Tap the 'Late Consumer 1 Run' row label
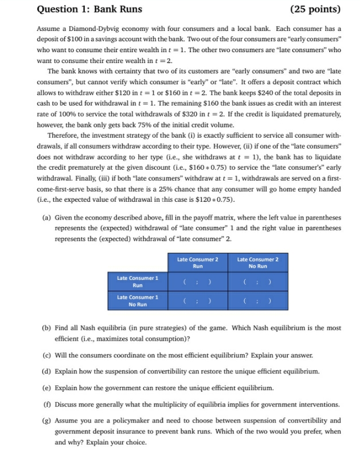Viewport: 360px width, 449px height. coord(137,281)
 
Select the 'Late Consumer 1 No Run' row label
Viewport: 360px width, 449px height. coord(137,300)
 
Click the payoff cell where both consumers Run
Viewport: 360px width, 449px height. coord(197,281)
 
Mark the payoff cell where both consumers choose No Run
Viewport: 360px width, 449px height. coord(257,300)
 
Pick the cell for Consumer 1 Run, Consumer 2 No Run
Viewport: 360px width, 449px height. coord(257,281)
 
